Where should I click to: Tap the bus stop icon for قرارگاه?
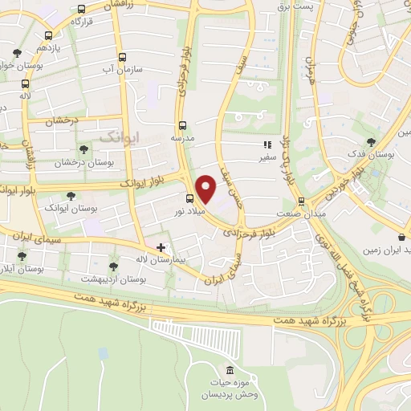point(81,10)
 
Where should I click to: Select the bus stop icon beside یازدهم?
point(49,35)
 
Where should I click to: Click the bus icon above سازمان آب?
point(122,57)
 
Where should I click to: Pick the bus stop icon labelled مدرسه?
point(182,124)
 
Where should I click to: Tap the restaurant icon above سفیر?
point(266,145)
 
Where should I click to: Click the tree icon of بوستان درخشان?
point(85,149)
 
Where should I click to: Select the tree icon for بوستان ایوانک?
point(71,195)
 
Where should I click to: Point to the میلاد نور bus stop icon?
point(189,198)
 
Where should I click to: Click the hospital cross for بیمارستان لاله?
point(161,247)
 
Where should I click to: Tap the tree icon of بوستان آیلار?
point(22,256)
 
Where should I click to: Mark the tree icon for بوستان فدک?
point(370,141)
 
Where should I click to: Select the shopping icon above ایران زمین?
point(402,237)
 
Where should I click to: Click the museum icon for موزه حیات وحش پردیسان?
point(230,370)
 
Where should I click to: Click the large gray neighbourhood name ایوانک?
point(119,137)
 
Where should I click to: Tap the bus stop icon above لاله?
point(26,83)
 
